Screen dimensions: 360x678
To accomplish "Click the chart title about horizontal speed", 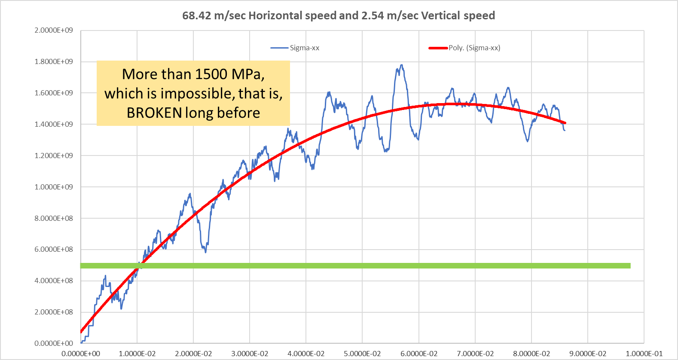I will tap(339, 16).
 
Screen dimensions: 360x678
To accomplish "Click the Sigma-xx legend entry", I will tap(304, 48).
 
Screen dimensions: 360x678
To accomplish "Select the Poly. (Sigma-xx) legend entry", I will tap(474, 48).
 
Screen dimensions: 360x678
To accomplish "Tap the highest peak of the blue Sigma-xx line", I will tap(402, 65).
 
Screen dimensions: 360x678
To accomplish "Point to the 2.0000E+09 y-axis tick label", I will tap(54, 31).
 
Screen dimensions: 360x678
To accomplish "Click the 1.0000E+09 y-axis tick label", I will tap(54, 187).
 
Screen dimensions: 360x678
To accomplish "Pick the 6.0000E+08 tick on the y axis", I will tap(54, 250).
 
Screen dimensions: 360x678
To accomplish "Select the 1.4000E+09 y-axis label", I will tap(54, 124).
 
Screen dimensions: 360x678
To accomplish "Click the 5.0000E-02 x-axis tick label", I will tap(362, 354).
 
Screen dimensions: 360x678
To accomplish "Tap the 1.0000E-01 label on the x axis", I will tap(644, 354).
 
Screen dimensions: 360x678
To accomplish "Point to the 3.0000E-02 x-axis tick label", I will tap(250, 354).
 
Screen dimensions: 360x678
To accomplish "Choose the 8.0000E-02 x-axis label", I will tap(531, 354).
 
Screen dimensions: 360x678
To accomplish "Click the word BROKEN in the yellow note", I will tap(154, 113).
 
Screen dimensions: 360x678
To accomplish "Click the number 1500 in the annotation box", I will tap(211, 74).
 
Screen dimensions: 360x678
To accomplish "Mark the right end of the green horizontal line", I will tap(629, 266).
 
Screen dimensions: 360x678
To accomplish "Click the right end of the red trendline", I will tap(565, 123).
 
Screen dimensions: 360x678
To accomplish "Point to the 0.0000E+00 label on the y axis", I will tap(54, 343).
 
